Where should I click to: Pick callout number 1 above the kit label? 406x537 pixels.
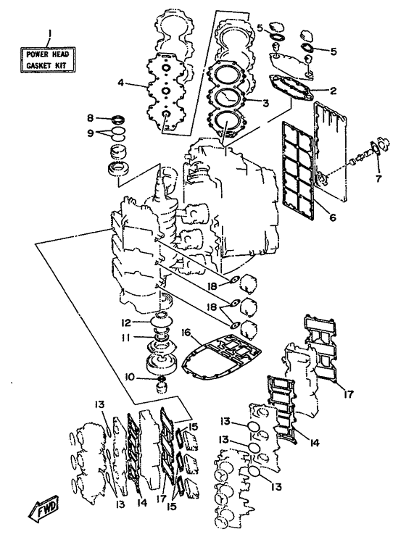pos(50,33)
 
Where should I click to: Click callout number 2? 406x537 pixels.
pos(333,91)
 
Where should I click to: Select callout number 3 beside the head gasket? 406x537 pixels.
pos(265,103)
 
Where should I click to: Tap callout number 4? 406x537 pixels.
pos(120,83)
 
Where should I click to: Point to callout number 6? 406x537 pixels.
pos(333,217)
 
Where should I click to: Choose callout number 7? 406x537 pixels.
pos(378,178)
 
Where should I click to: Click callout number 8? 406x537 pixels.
pos(90,118)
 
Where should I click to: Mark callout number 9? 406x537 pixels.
pos(90,133)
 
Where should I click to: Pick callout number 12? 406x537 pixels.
pos(126,322)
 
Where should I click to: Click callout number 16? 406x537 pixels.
pos(188,333)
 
